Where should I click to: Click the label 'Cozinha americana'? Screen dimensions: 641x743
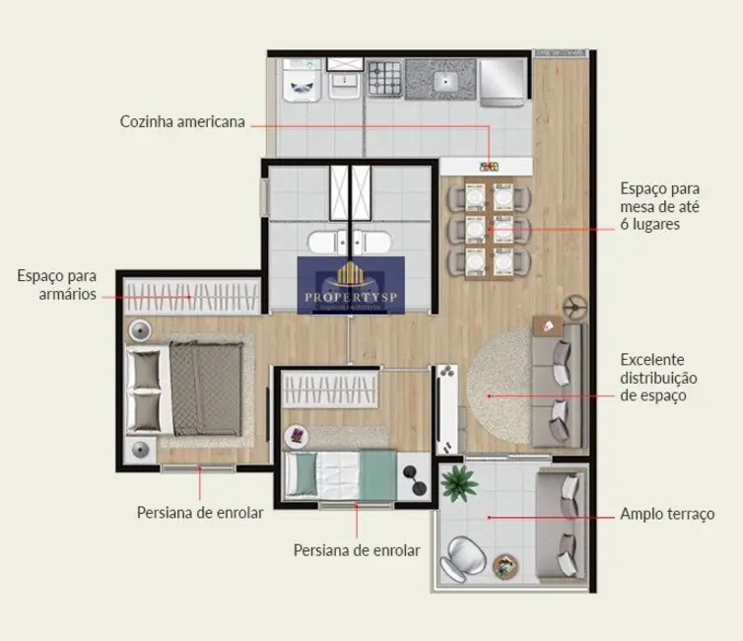(x=182, y=122)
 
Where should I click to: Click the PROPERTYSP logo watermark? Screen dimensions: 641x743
(x=351, y=285)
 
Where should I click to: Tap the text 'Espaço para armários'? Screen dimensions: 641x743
(x=56, y=285)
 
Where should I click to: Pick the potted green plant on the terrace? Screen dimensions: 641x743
(x=457, y=483)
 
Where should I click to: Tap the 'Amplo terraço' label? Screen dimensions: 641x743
(x=667, y=514)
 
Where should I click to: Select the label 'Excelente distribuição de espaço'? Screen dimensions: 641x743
(x=658, y=378)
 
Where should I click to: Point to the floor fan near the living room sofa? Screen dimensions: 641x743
(x=569, y=307)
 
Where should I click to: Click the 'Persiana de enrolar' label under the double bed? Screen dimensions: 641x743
(x=200, y=513)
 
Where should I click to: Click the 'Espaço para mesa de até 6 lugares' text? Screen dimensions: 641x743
(x=662, y=205)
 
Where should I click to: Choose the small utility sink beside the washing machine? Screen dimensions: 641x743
(x=344, y=83)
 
